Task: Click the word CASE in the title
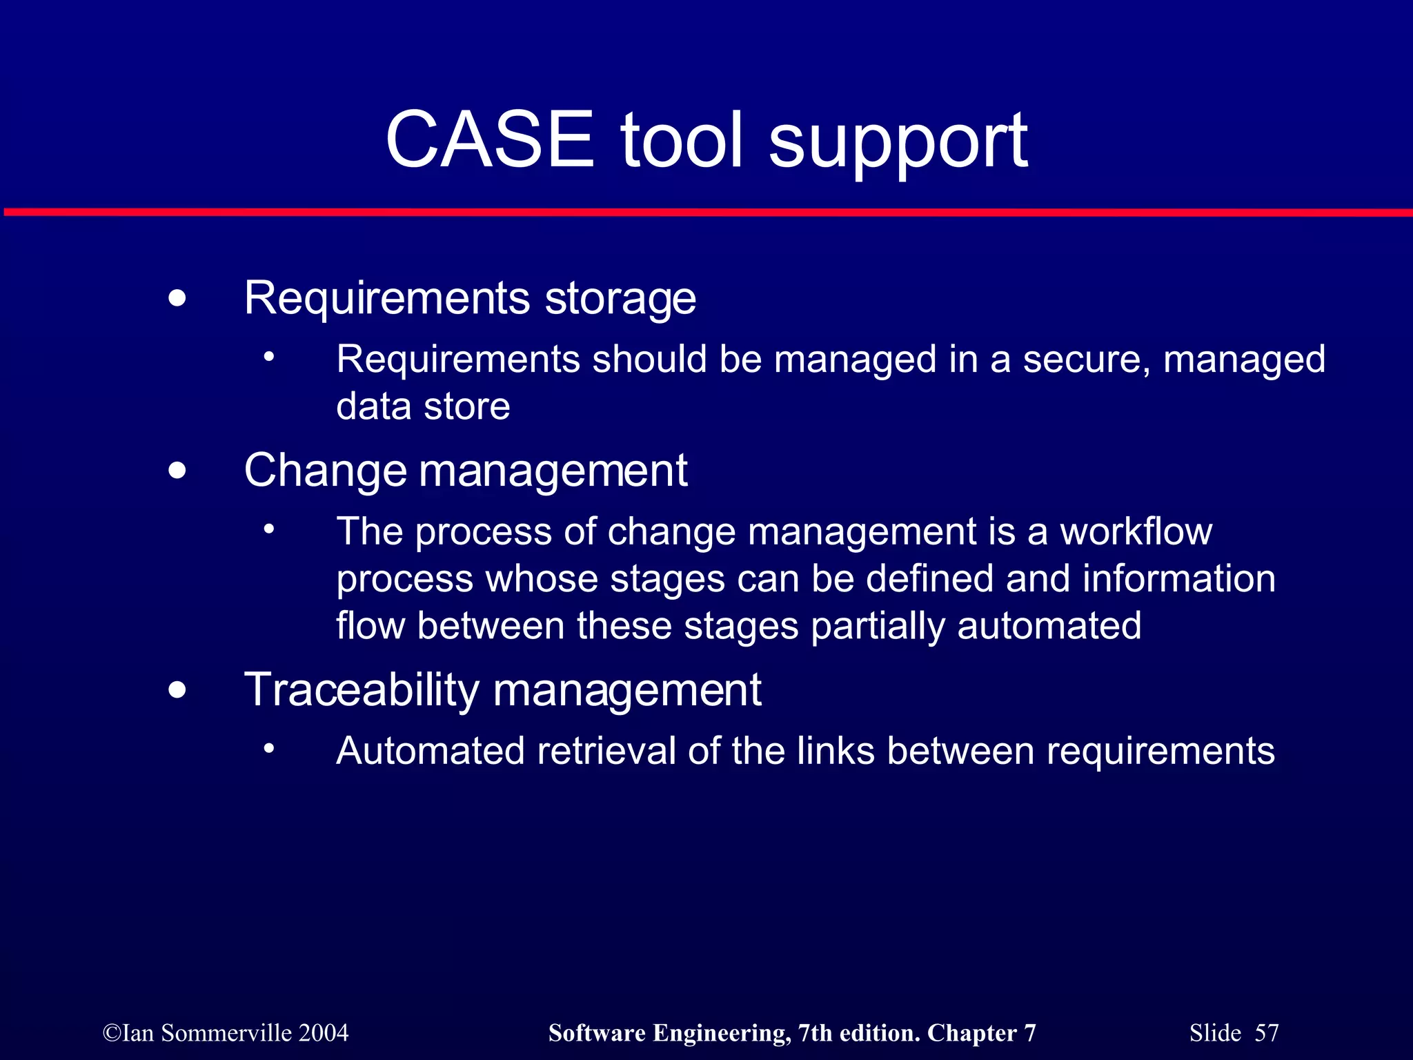490,140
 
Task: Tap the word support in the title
898,143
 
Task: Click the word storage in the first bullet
620,300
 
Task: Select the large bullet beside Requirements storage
177,299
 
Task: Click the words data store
423,406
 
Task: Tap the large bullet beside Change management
177,471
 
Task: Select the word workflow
1136,532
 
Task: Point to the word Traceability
362,690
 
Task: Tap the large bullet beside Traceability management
177,689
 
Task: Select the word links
836,751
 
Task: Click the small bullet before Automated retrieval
269,749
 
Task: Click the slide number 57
1266,1033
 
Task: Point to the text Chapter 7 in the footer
981,1033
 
